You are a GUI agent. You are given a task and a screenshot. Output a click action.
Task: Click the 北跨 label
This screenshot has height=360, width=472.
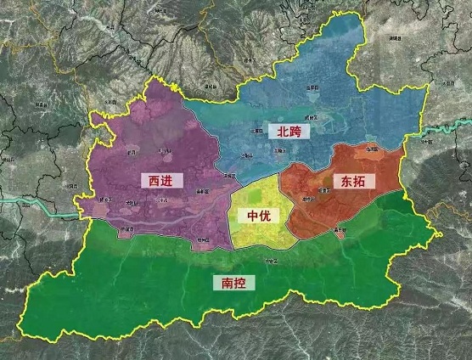coord(289,131)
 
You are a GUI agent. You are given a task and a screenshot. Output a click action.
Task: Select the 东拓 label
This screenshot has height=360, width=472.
coord(356,180)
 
